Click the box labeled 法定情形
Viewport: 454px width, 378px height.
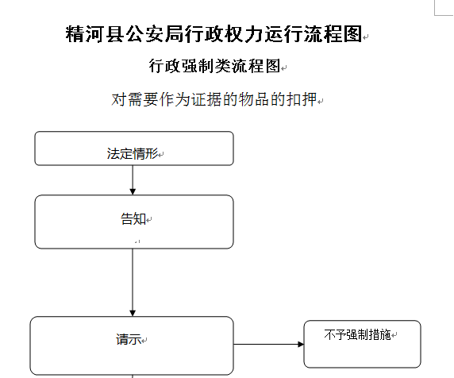tap(133, 148)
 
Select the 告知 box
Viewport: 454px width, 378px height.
tap(133, 222)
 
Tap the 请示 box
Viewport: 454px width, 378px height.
tap(132, 345)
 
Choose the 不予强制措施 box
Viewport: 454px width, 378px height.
tap(361, 344)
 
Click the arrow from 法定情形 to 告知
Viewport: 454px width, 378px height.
tap(133, 180)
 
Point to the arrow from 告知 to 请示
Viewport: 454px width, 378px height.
tap(133, 282)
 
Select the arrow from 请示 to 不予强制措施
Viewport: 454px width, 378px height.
tap(268, 344)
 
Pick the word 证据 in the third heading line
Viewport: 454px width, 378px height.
tap(212, 101)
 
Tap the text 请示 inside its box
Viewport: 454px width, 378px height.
tap(128, 339)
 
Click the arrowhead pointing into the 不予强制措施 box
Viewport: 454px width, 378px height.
tap(299, 344)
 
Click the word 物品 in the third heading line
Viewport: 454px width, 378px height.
tap(256, 101)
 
